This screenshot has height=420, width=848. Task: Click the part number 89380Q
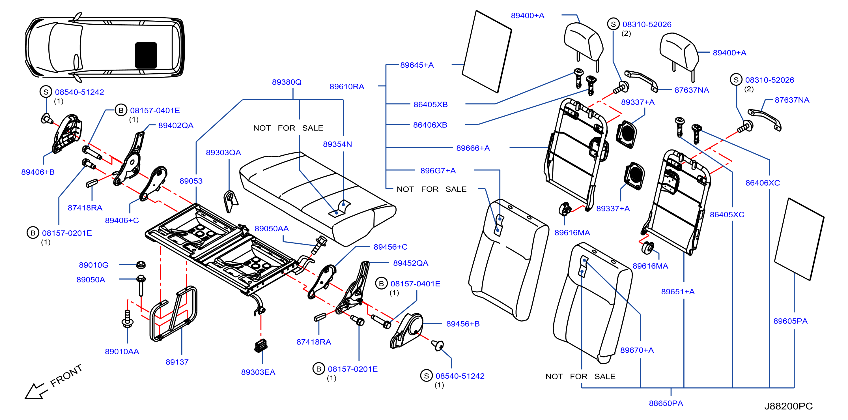(x=287, y=82)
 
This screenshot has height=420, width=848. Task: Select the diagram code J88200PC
(x=788, y=406)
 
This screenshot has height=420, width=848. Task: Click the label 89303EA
(x=258, y=372)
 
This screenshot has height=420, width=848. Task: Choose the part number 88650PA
(x=666, y=403)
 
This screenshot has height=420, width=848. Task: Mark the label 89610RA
(x=347, y=87)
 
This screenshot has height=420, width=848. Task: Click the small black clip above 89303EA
(x=261, y=346)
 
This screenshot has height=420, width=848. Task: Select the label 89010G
(x=94, y=265)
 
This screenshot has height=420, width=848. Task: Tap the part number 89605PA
(x=790, y=321)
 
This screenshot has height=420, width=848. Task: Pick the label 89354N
(x=337, y=144)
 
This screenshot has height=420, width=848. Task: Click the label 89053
(x=191, y=181)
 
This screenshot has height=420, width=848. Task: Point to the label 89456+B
(x=463, y=324)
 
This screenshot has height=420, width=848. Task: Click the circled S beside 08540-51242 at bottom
(x=426, y=376)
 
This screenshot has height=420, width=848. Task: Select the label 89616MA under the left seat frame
(x=572, y=233)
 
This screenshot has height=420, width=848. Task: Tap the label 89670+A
(x=637, y=350)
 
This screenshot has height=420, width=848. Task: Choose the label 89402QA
(x=176, y=125)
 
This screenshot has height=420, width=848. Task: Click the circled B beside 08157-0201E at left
(x=33, y=233)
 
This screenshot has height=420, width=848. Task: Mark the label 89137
(x=177, y=362)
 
